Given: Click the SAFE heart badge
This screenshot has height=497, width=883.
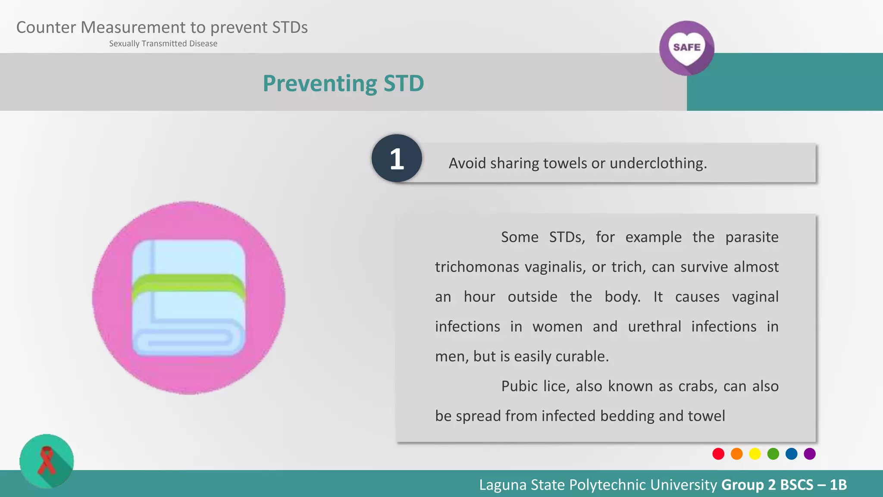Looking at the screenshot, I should (686, 48).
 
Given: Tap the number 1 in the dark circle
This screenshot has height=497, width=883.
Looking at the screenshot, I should (397, 158).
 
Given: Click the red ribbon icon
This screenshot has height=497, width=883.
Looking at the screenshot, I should (47, 461).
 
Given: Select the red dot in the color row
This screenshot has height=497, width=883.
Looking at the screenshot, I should (718, 454).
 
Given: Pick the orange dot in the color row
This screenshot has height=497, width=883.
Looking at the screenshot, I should (737, 454).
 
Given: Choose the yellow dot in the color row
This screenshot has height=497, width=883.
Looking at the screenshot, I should (755, 454).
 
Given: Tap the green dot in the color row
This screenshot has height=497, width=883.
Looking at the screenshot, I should (773, 454).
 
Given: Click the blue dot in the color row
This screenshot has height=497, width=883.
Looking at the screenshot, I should (792, 454).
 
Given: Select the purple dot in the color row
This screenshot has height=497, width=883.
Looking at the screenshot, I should (810, 454).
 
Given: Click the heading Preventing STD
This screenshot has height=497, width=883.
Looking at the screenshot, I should (343, 83).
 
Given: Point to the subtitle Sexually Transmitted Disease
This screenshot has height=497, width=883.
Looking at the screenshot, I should (163, 44).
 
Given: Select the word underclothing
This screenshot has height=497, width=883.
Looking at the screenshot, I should (658, 164).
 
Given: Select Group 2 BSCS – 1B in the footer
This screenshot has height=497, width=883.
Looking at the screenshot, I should (784, 485).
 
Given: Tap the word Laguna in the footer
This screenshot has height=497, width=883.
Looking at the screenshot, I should (503, 485).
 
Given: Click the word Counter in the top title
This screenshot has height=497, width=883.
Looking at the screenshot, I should (46, 28).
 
